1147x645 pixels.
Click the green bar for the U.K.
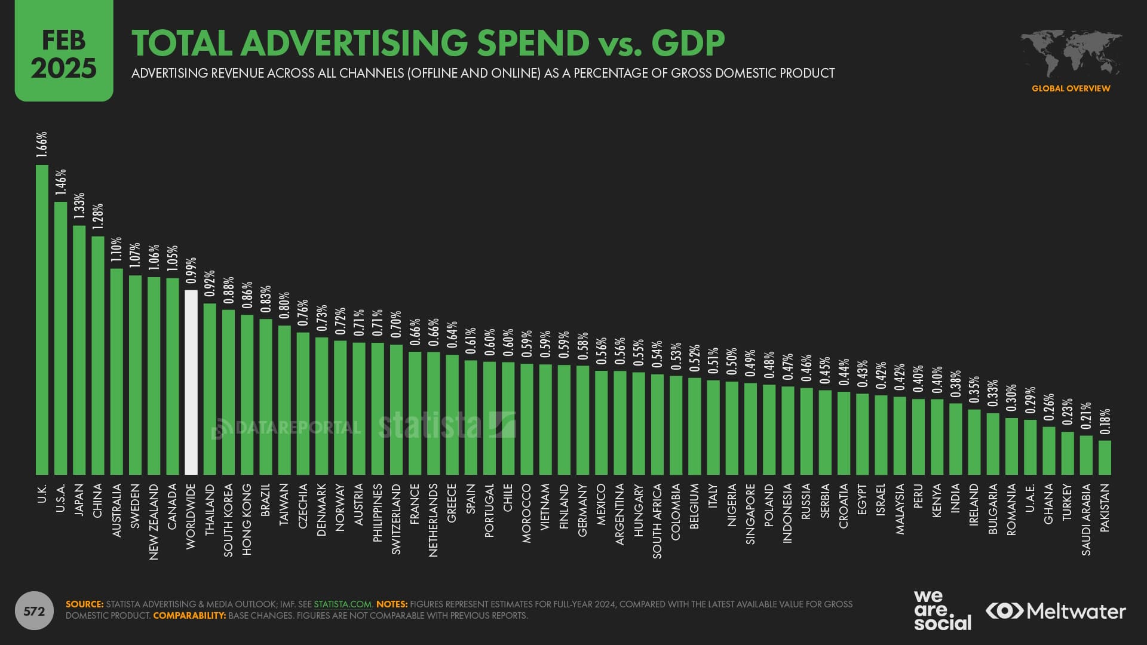tap(42, 320)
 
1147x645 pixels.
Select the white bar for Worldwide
tap(191, 382)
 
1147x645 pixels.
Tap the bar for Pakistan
tap(1105, 457)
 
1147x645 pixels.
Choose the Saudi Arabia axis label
tap(1086, 520)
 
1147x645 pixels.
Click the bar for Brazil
tap(266, 397)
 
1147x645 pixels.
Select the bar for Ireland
tap(974, 442)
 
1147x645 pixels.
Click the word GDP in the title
tap(688, 43)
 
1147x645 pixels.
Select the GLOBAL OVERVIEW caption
tap(1071, 88)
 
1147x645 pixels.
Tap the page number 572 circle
tap(34, 611)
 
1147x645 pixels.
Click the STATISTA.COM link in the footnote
tap(342, 604)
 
